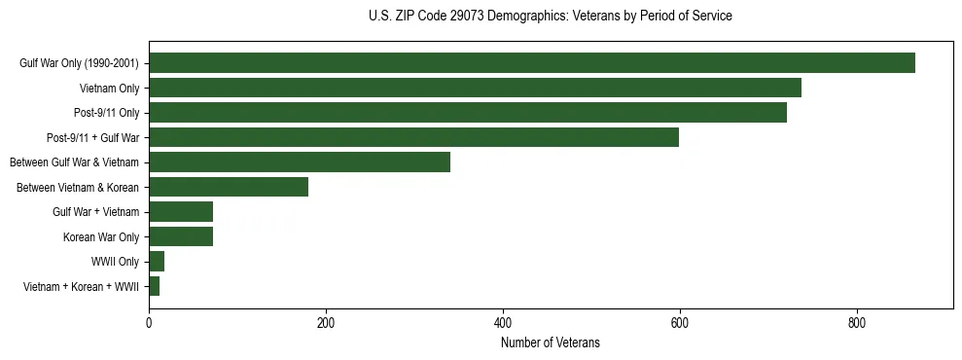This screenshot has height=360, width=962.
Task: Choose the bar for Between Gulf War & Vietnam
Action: pos(300,162)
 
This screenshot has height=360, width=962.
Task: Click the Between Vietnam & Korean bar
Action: pos(229,187)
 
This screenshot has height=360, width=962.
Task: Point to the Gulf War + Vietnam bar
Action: pos(181,212)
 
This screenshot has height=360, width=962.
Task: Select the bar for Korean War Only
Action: pos(181,236)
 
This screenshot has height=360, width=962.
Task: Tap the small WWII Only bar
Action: pos(157,262)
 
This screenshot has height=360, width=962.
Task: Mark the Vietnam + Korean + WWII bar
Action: pos(154,286)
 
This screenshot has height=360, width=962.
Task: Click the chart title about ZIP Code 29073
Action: pos(551,17)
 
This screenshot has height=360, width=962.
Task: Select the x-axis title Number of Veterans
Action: pos(551,343)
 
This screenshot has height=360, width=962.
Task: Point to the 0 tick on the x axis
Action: pos(149,322)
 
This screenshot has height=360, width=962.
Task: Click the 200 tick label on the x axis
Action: pos(326,322)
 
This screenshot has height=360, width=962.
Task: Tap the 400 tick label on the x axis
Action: pos(503,322)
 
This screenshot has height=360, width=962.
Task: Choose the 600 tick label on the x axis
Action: pos(680,322)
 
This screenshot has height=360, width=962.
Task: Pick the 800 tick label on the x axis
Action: pos(857,322)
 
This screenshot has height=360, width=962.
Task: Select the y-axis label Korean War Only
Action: pos(101,236)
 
